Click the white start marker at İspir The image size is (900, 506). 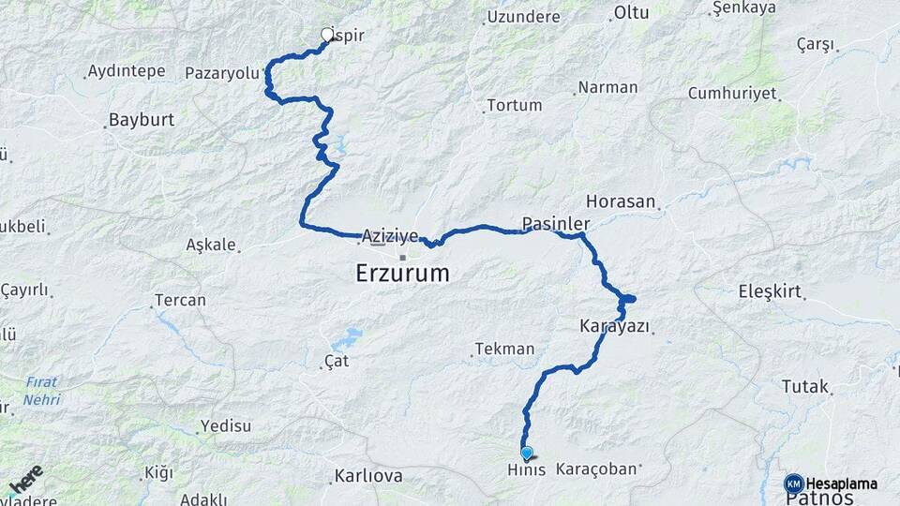327,36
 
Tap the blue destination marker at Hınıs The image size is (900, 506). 526,454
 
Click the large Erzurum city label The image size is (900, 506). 402,274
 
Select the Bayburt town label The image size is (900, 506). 142,120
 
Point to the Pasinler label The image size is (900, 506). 555,224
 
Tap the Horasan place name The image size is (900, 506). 623,201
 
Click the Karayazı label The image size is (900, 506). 615,326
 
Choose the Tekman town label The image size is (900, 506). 504,349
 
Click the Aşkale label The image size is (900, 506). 211,245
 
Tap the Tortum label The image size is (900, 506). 515,105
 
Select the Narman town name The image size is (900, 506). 607,87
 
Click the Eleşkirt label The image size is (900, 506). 771,290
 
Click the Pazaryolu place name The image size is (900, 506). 221,72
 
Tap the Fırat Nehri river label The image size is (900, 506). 42,391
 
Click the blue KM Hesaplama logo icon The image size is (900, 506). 793,484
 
